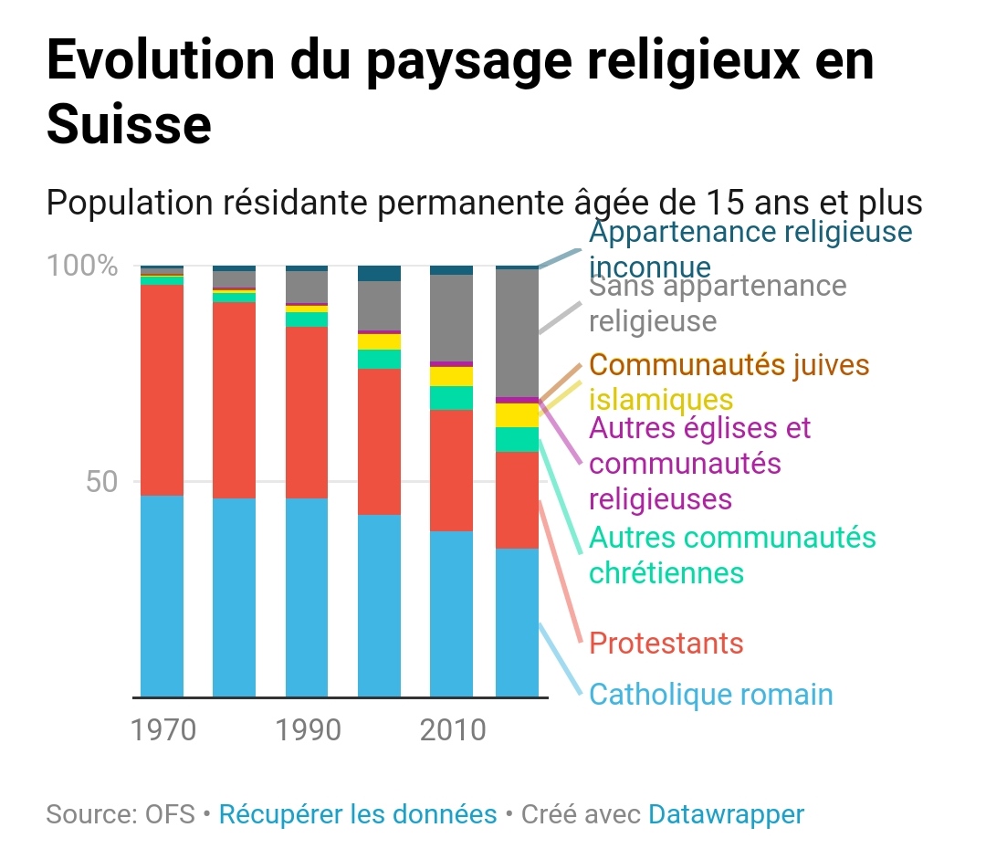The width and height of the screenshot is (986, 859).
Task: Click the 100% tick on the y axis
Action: pos(82,267)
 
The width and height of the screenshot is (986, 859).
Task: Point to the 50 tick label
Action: pos(102,482)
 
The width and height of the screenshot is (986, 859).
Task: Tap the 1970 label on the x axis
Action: pos(163,730)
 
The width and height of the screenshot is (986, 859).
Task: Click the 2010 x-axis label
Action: pos(452,730)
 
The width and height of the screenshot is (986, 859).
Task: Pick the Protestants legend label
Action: pos(666,644)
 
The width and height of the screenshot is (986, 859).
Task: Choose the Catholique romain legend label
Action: pos(711,695)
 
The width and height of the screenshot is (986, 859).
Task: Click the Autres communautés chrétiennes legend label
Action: pos(732,555)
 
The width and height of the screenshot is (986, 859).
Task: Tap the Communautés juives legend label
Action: pos(729,365)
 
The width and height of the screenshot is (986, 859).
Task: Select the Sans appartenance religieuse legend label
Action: pos(718,303)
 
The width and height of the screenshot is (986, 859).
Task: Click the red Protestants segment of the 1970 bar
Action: pos(162,390)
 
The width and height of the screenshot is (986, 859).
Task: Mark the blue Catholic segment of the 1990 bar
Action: pos(307,598)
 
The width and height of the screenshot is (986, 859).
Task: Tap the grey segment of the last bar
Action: pos(517,333)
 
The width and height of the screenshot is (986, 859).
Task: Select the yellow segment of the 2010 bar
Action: pos(452,376)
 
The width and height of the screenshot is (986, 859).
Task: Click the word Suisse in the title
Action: pos(129,125)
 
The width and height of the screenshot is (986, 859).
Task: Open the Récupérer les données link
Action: pos(358,814)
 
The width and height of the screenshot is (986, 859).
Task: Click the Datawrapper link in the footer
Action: pos(726,814)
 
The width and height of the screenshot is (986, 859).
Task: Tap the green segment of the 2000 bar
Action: pos(379,359)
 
